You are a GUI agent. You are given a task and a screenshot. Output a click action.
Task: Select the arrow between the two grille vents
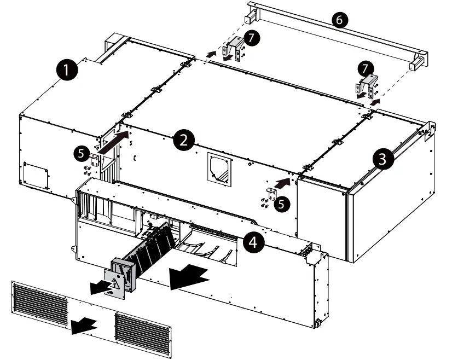(84, 324)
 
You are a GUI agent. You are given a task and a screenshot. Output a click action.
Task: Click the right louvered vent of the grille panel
(143, 329)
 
